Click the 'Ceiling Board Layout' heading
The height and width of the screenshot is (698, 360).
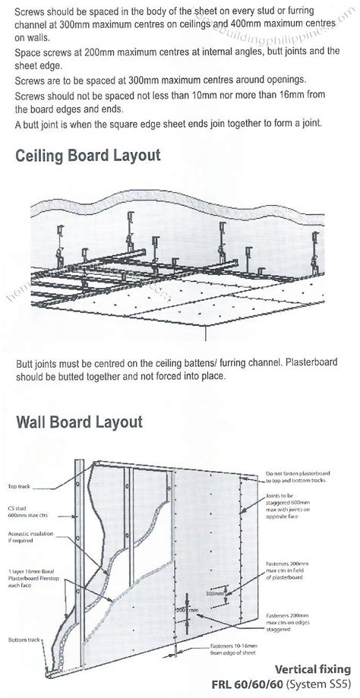87,156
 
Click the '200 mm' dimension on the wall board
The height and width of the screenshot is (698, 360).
164,611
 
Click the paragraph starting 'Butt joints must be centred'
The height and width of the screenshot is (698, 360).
175,369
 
